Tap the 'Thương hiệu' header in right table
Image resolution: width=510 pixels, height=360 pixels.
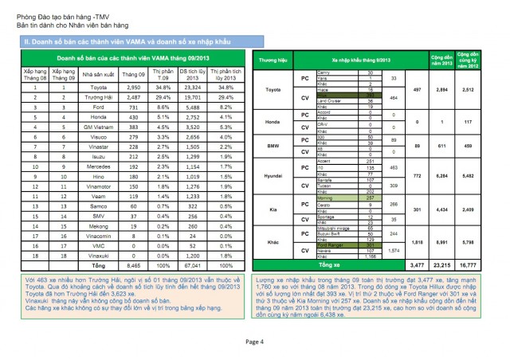(273, 60)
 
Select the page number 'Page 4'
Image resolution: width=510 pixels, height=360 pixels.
(255, 341)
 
